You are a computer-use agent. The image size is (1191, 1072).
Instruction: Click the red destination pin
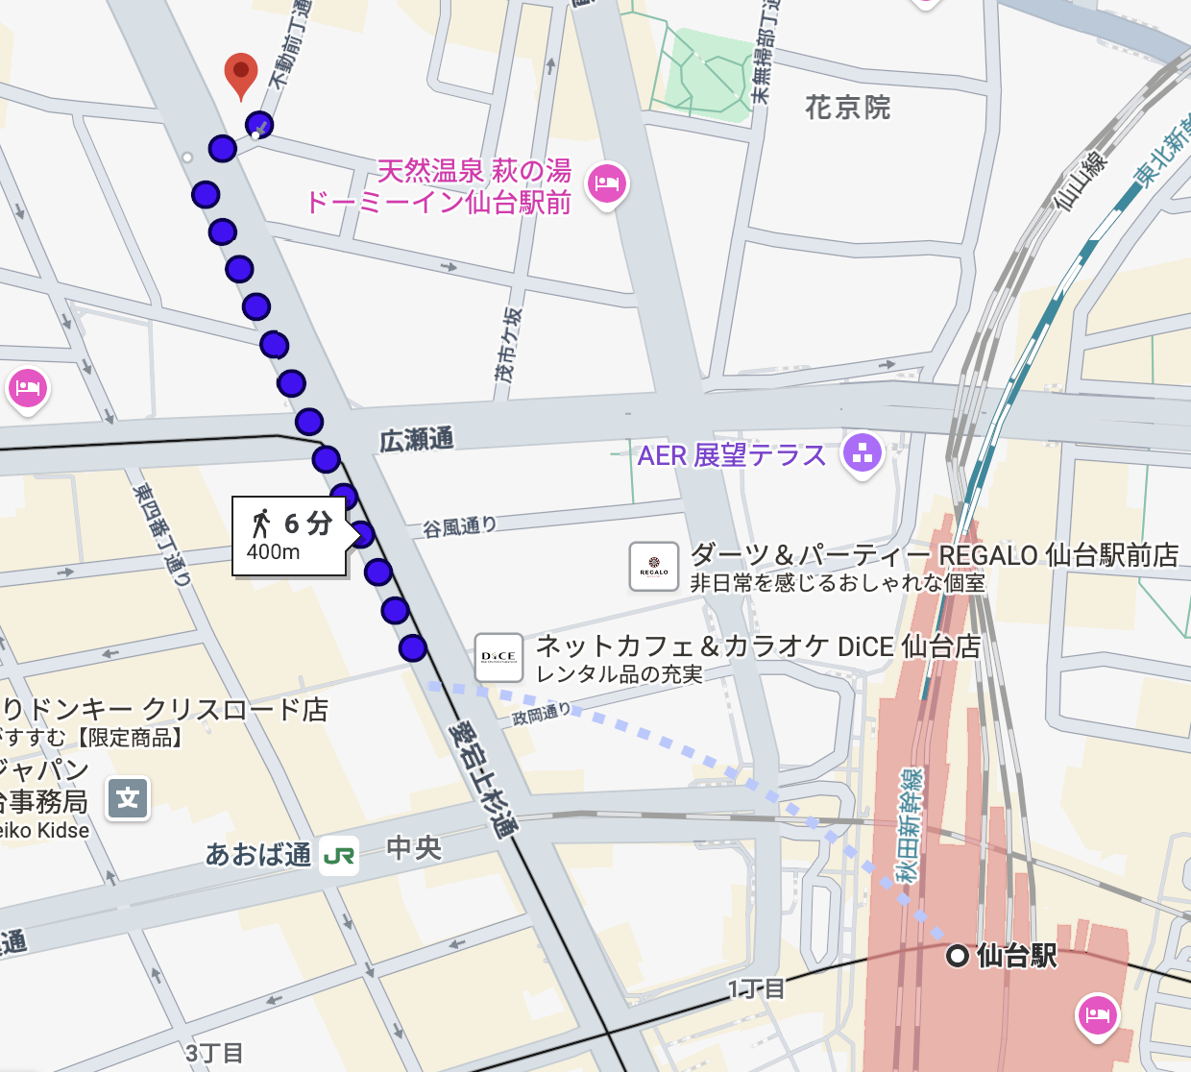241,73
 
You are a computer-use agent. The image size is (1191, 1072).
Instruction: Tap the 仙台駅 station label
1016,956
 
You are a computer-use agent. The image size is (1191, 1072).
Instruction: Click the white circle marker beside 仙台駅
957,956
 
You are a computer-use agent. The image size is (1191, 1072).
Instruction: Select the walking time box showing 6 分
289,536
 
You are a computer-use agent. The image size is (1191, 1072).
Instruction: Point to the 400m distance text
273,552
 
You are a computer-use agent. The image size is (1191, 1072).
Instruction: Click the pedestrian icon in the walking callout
261,524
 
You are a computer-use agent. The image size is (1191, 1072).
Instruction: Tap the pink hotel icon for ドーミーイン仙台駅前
607,183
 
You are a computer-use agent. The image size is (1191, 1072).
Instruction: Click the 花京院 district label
847,108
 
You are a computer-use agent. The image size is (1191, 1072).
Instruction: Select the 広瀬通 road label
416,441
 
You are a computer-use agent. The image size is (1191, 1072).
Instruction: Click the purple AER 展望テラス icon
862,454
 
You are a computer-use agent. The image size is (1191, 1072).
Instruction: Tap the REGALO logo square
654,567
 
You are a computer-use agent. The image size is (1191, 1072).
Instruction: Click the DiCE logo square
498,657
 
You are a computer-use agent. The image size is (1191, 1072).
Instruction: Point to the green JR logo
338,855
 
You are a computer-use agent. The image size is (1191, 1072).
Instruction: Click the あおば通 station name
257,854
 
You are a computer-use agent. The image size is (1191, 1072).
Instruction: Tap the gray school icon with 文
128,798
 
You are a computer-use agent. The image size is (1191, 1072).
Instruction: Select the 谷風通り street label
460,526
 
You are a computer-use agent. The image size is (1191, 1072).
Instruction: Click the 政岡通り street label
541,715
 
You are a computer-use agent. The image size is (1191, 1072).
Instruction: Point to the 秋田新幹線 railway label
908,825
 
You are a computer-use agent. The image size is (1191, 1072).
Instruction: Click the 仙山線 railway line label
1081,179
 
